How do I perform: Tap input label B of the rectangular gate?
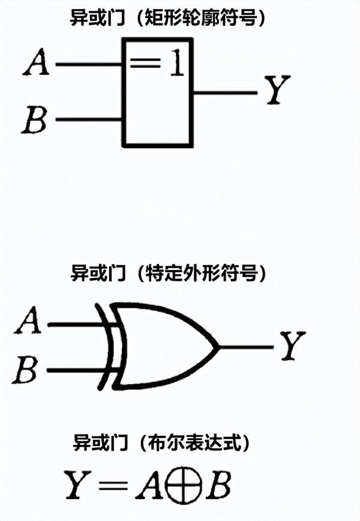pos(35,119)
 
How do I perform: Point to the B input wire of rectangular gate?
pos(90,119)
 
